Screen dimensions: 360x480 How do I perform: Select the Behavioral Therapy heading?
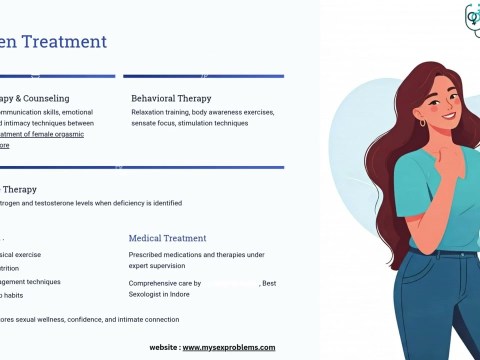point(171,98)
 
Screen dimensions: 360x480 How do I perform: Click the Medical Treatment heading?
point(167,238)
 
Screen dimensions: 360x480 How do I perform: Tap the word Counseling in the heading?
point(44,98)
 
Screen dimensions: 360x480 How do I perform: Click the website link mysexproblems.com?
point(228,347)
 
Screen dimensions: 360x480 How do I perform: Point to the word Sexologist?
point(149,295)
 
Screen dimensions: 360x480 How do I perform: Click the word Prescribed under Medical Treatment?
point(150,255)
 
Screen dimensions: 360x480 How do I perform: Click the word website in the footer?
point(163,347)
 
